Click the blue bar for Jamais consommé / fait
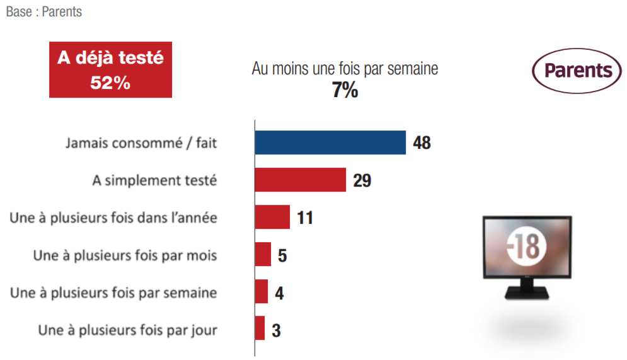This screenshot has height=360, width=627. coord(330,142)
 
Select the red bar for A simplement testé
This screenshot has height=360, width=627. coord(301,180)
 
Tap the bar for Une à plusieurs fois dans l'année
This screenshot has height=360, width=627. coord(272,217)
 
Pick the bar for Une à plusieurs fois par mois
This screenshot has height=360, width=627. coord(263,254)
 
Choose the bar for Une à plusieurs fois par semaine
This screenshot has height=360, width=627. coord(261,291)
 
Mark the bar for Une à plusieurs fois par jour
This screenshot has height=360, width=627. coord(260,328)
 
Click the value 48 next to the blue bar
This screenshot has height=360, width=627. coord(422,143)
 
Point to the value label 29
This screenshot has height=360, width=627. coord(362,180)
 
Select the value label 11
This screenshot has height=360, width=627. coord(305,218)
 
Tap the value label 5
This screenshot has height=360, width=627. coord(282,255)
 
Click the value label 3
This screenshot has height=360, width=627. coord(276,330)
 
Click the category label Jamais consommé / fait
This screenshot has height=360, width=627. coord(141,143)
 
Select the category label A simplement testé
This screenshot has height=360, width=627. coord(154,180)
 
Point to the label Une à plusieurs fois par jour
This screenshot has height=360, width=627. coord(127,330)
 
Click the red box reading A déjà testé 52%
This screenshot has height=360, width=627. coord(110,70)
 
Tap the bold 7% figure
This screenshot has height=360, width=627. coord(345,91)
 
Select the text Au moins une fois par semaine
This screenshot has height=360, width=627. coord(345,69)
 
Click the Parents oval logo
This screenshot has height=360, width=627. coord(577,71)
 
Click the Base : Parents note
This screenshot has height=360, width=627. coord(44,12)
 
